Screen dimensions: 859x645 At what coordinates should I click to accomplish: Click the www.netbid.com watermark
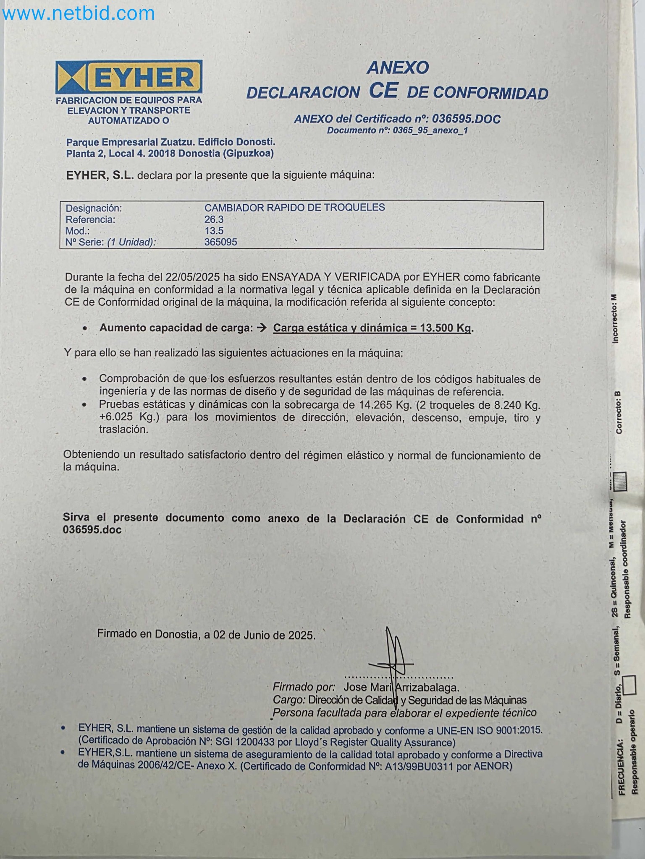tap(78, 14)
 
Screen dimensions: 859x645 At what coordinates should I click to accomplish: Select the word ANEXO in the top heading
tap(398, 68)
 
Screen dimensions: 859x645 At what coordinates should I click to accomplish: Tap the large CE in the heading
tap(383, 91)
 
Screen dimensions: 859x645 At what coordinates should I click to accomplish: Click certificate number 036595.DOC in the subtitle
tap(466, 119)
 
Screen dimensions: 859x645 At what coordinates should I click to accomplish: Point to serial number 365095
tap(220, 242)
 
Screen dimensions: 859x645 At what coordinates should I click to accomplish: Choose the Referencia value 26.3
tap(214, 219)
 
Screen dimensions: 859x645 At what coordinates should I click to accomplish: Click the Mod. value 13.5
tap(214, 231)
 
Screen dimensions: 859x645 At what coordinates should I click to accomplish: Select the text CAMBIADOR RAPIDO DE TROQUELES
tap(294, 207)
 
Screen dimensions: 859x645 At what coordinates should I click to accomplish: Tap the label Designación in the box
tap(94, 208)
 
